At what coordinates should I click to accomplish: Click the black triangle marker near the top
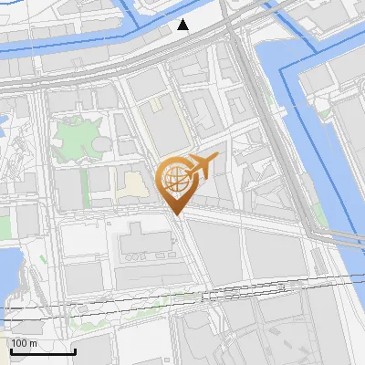[184, 24]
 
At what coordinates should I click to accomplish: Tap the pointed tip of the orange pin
[176, 214]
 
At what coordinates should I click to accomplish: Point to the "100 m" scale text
[24, 343]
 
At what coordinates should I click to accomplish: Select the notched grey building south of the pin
[141, 242]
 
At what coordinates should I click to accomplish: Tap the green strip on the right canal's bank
[320, 214]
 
